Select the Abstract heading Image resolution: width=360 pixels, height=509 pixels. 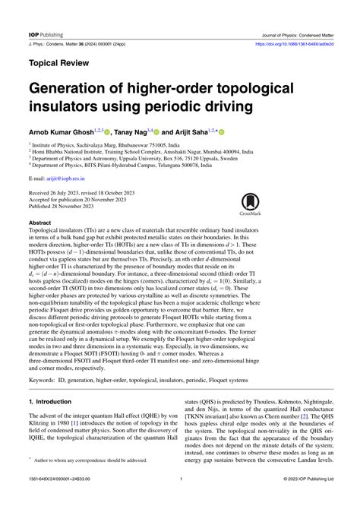click(x=39, y=223)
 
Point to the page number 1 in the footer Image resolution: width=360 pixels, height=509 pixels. click(x=180, y=500)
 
